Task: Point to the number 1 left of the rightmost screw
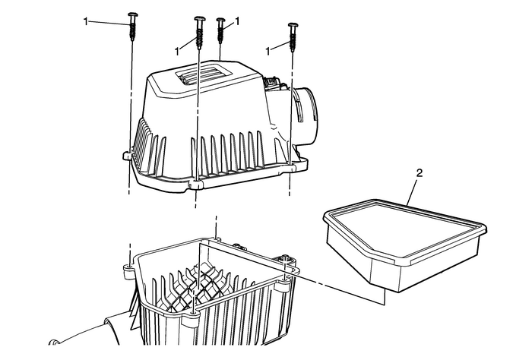click(x=268, y=49)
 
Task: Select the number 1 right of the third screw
click(x=237, y=22)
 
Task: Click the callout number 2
click(x=419, y=174)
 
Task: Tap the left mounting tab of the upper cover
click(x=127, y=156)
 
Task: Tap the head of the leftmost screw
click(x=133, y=15)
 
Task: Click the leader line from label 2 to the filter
click(x=411, y=191)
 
